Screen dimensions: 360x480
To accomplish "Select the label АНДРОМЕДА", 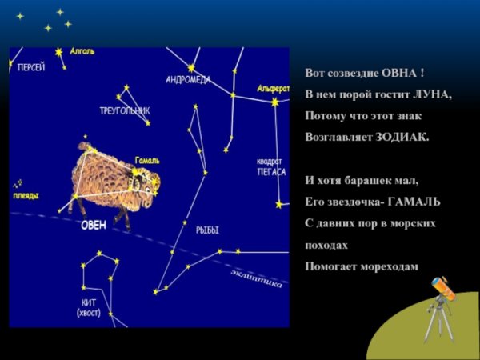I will (188, 80).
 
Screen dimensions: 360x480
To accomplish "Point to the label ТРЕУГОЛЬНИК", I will (124, 110).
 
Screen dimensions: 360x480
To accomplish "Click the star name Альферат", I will (273, 88).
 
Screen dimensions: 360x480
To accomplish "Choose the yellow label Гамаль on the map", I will (147, 160).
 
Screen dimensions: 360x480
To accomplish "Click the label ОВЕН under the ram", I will (94, 225).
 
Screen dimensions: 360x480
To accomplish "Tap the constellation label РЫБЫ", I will (207, 230).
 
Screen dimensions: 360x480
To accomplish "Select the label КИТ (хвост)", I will (89, 308).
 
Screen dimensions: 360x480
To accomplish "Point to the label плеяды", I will (26, 196).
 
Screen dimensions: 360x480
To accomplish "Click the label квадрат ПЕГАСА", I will (271, 166).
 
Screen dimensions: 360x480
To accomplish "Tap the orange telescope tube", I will (443, 287).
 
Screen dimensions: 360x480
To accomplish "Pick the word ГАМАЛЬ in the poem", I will (414, 202).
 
